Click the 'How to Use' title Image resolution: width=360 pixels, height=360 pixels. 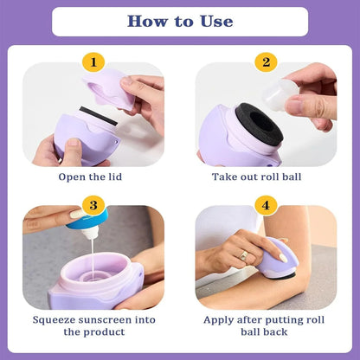click(x=180, y=22)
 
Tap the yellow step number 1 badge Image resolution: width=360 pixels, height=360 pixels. click(x=93, y=62)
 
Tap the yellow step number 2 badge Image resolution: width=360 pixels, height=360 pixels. click(x=266, y=62)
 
